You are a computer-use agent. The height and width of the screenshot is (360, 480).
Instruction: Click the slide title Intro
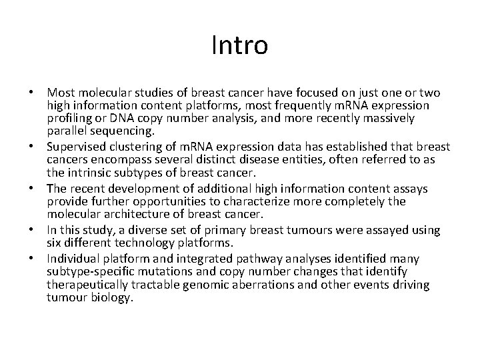(240, 46)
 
